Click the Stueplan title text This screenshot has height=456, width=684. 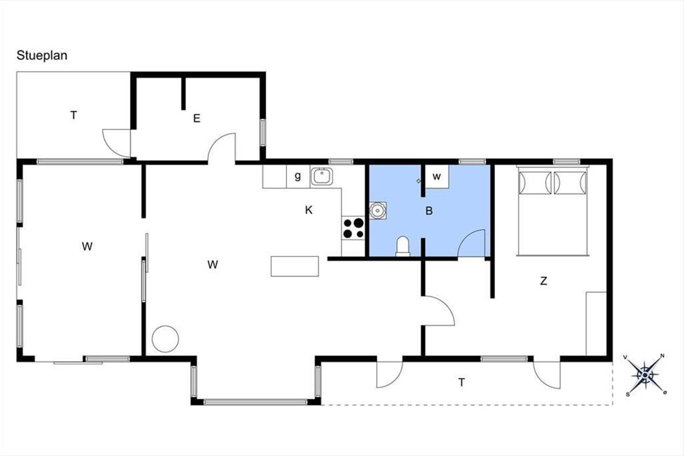[x=42, y=56]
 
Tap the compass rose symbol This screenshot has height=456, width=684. [x=645, y=375]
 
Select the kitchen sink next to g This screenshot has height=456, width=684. [x=321, y=177]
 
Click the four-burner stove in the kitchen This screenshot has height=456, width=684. [x=353, y=228]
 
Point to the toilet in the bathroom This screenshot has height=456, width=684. [x=403, y=246]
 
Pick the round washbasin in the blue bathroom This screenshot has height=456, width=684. [x=378, y=210]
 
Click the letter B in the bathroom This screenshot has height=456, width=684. [x=429, y=211]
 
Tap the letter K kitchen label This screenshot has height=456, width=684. [x=309, y=210]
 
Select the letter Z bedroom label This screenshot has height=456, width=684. [x=544, y=280]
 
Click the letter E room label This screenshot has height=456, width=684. [x=197, y=118]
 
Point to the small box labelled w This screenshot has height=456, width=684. [x=437, y=177]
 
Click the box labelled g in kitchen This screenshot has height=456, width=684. [x=298, y=177]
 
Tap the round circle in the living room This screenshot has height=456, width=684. [x=165, y=339]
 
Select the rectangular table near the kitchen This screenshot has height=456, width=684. [x=295, y=266]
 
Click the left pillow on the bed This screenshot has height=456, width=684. [x=535, y=182]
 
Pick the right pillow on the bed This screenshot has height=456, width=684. [x=571, y=182]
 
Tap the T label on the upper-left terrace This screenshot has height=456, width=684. [x=74, y=116]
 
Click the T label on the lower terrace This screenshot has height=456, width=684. [x=461, y=382]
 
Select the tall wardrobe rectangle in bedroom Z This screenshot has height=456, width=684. [x=596, y=324]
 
